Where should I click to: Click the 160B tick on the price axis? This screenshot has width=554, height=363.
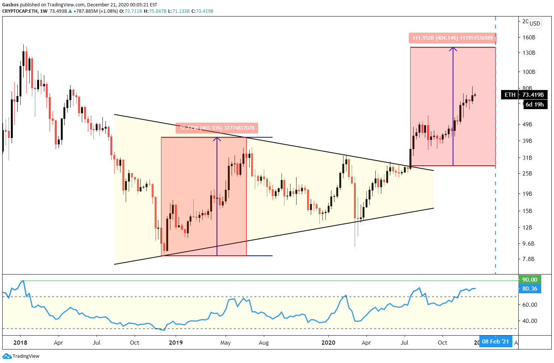click(x=528, y=37)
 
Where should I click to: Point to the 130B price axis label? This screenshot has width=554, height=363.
click(x=528, y=53)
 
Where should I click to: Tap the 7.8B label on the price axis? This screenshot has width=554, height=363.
click(x=528, y=259)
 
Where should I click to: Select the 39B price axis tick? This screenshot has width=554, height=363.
click(x=527, y=141)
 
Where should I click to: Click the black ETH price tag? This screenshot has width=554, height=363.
click(x=510, y=95)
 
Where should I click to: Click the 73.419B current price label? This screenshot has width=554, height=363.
click(x=533, y=95)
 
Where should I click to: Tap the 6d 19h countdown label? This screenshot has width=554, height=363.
click(x=534, y=105)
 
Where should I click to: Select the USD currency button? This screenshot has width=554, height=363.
click(x=534, y=24)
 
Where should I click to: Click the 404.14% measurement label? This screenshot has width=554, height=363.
click(x=452, y=38)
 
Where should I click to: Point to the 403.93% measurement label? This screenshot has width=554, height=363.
click(x=217, y=128)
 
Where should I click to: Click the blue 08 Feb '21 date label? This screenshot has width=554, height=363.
click(x=495, y=342)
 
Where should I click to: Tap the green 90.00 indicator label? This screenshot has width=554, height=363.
click(x=530, y=280)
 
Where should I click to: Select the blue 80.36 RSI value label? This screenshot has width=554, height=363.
click(x=530, y=289)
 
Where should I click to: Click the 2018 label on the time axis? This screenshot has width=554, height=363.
click(x=20, y=342)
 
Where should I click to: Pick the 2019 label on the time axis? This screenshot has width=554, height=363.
click(x=176, y=342)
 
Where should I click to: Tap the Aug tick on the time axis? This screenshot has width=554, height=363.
click(x=264, y=342)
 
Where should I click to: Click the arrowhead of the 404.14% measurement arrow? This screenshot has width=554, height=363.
click(x=453, y=49)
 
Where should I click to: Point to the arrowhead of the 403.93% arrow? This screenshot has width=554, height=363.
click(x=217, y=139)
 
